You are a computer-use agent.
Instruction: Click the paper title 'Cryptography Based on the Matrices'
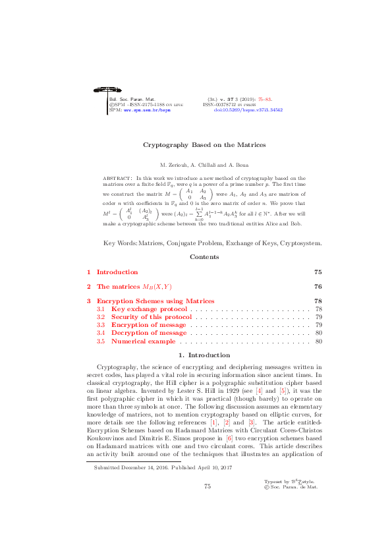point(196,144)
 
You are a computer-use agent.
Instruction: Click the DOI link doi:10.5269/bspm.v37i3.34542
point(248,110)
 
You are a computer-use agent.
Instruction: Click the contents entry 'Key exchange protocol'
point(150,308)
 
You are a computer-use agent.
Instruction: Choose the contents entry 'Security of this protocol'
point(152,317)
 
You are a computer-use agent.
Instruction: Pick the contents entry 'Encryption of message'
point(148,325)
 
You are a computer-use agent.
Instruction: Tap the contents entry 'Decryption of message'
point(149,333)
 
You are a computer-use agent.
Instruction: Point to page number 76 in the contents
point(318,287)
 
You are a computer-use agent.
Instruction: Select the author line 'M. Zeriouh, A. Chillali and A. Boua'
point(196,164)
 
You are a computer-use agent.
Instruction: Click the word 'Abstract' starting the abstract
point(118,179)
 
